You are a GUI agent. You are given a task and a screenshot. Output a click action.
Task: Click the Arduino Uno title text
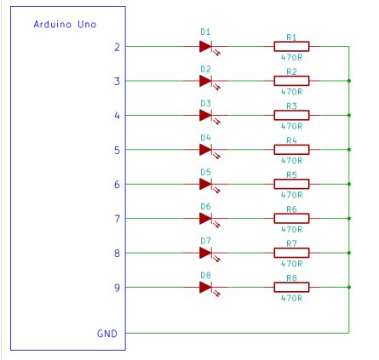click(65, 25)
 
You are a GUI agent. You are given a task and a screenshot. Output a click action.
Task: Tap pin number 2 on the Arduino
click(117, 47)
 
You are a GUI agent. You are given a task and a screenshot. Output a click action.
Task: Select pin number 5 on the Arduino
click(117, 150)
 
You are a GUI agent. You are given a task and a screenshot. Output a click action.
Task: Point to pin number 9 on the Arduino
click(117, 288)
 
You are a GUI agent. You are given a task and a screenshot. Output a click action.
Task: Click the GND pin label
click(107, 334)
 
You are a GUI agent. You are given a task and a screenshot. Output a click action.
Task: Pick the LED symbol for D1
click(208, 48)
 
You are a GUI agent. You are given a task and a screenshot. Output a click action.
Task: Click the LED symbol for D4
click(208, 151)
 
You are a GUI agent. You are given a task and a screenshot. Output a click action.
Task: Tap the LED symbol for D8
click(208, 289)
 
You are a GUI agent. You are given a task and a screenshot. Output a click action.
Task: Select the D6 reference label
click(205, 207)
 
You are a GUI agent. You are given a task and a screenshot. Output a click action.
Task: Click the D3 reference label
click(205, 103)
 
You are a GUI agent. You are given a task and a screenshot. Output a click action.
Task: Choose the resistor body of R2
click(291, 81)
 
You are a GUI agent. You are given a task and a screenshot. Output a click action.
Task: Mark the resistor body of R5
click(291, 184)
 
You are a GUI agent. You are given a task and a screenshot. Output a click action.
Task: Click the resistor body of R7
click(291, 253)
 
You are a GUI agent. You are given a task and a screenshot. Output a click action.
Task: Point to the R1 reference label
click(291, 37)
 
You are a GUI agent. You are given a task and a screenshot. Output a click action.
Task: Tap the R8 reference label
click(291, 278)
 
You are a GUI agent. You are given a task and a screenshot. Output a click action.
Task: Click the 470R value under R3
click(291, 126)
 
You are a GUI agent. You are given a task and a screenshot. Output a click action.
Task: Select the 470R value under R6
click(291, 230)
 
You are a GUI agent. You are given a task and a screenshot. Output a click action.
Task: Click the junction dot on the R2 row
click(349, 81)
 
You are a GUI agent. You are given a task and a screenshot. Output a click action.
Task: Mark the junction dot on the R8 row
click(349, 287)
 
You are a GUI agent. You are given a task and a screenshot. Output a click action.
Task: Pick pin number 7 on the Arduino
click(117, 219)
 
